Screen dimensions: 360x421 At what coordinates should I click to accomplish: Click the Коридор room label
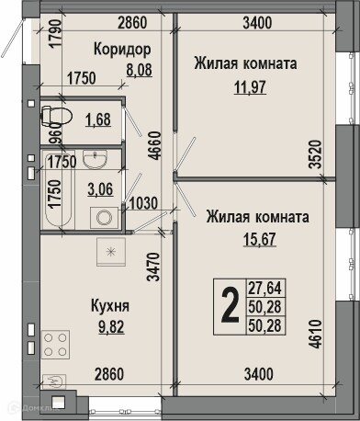pyautogui.click(x=122, y=50)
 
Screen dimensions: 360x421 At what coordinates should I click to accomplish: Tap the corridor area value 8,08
pyautogui.click(x=140, y=70)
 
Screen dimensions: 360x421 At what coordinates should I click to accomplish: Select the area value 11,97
pyautogui.click(x=250, y=87)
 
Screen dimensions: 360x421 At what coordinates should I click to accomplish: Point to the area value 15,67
pyautogui.click(x=260, y=239)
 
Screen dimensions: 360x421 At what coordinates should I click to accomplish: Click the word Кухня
pyautogui.click(x=110, y=306)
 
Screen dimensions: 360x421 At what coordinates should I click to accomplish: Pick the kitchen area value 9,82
pyautogui.click(x=111, y=327)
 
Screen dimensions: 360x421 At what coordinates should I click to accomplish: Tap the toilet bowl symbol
pyautogui.click(x=56, y=116)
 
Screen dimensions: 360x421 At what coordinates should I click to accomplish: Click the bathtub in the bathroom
pyautogui.click(x=58, y=189)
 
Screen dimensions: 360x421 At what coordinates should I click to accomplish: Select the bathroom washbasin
pyautogui.click(x=96, y=159)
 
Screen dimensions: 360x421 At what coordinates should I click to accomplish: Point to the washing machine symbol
pyautogui.click(x=104, y=218)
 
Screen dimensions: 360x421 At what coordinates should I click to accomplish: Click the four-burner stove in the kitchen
pyautogui.click(x=55, y=345)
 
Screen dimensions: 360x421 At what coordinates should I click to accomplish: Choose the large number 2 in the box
pyautogui.click(x=230, y=306)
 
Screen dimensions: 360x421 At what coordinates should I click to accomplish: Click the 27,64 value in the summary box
pyautogui.click(x=264, y=288)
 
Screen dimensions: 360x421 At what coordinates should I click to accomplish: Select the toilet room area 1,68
pyautogui.click(x=98, y=119)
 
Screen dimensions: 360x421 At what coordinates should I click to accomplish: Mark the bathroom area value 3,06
pyautogui.click(x=100, y=189)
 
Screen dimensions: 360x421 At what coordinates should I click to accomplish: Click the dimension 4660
pyautogui.click(x=156, y=145)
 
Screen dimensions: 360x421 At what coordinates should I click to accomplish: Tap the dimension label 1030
pyautogui.click(x=143, y=203)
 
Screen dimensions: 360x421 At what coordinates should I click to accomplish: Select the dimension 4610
pyautogui.click(x=316, y=335)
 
